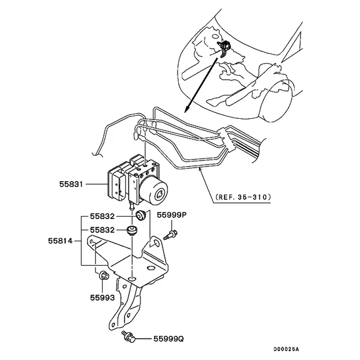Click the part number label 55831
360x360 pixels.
(x=71, y=184)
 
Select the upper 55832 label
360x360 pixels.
(x=102, y=216)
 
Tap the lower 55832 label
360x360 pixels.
(x=102, y=230)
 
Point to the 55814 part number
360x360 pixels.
(x=60, y=241)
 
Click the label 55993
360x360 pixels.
(x=102, y=298)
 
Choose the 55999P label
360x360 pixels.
(x=172, y=215)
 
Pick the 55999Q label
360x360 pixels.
(x=169, y=338)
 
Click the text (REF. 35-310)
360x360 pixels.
(x=243, y=197)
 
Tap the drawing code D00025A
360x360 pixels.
(x=286, y=349)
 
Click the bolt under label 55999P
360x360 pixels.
(x=170, y=235)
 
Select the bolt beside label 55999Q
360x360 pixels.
(x=128, y=336)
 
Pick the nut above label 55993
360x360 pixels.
(x=104, y=275)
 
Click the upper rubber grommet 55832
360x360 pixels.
(x=140, y=215)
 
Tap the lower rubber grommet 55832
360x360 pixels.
(x=132, y=230)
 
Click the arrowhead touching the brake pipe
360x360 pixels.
(x=200, y=169)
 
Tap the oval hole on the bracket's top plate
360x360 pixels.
(x=151, y=268)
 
